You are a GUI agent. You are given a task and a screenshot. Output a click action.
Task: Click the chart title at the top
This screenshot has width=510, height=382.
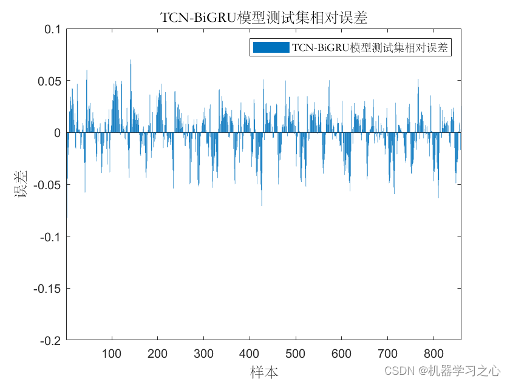(x=263, y=17)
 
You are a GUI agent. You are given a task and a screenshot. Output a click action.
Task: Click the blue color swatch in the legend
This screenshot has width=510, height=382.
(x=271, y=47)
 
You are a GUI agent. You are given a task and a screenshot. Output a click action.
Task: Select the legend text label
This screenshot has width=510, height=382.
(x=370, y=48)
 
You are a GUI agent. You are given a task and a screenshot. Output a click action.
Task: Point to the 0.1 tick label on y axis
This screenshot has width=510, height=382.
(x=53, y=29)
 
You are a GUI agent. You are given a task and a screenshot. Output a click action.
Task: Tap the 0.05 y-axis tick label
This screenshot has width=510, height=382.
(x=49, y=81)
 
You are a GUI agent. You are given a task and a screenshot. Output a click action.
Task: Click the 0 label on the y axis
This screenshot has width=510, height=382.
(x=58, y=133)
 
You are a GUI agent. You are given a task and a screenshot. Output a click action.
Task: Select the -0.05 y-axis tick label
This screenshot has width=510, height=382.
(x=47, y=185)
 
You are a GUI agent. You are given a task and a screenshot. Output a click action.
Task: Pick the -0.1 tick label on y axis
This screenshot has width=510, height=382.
(x=51, y=237)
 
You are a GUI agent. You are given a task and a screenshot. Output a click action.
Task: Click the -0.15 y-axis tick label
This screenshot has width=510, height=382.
(x=47, y=289)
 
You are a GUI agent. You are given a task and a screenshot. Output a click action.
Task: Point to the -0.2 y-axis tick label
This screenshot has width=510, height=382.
(x=51, y=341)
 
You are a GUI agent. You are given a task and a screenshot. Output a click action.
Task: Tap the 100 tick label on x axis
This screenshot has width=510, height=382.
(x=112, y=354)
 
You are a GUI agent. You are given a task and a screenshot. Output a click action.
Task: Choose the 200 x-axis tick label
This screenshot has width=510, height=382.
(x=157, y=354)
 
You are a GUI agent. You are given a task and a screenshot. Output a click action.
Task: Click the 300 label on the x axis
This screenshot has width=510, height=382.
(x=203, y=354)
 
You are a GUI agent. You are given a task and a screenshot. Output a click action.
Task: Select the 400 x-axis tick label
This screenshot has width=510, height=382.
(x=250, y=354)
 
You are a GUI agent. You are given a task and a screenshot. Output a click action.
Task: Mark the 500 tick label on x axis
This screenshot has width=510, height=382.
(x=295, y=354)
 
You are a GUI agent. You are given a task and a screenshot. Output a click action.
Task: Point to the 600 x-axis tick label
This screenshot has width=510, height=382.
(x=341, y=354)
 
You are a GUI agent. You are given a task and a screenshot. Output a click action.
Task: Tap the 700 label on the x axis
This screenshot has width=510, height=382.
(x=387, y=354)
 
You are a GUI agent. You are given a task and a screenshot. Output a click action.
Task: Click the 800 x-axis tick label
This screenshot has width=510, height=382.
(x=433, y=354)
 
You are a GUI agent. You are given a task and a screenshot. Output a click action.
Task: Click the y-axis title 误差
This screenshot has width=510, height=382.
(x=21, y=184)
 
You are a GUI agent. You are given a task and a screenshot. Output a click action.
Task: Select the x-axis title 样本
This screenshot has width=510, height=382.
(x=264, y=372)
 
